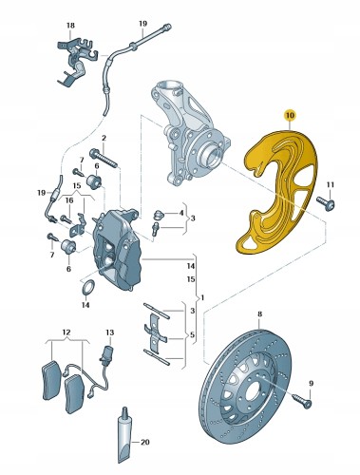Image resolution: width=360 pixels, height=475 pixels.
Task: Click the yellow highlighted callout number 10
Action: (289, 116)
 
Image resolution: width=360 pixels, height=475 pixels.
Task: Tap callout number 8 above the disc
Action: (258, 314)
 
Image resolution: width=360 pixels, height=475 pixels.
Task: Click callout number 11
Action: (331, 183)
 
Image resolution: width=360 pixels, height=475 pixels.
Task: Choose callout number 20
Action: (145, 443)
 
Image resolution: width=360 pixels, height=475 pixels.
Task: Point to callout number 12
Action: (66, 332)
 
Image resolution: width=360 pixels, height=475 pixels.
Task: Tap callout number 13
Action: (109, 332)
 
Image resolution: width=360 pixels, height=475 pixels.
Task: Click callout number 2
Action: (104, 139)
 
